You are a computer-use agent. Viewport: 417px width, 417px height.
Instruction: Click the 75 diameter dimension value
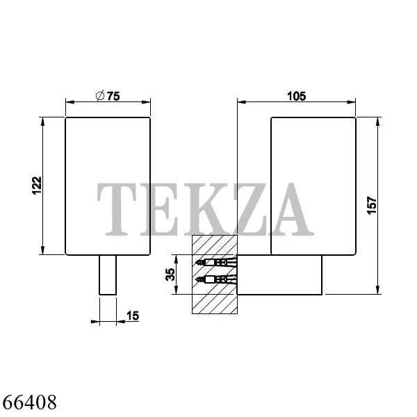[x=113, y=96]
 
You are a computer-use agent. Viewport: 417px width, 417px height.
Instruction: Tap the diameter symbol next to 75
[x=100, y=96]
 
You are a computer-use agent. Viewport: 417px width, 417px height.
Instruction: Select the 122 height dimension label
[x=37, y=186]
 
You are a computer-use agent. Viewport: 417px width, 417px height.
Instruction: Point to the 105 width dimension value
[x=297, y=96]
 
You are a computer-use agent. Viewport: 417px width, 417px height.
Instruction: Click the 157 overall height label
[x=372, y=205]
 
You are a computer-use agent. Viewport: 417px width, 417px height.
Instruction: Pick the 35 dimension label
[x=170, y=275]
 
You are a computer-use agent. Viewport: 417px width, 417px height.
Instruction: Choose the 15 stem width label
[x=133, y=316]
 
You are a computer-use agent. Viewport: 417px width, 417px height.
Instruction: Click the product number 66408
[x=29, y=402]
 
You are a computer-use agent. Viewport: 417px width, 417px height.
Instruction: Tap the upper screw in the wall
[x=216, y=263]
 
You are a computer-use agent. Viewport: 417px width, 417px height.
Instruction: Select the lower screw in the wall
[x=216, y=279]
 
